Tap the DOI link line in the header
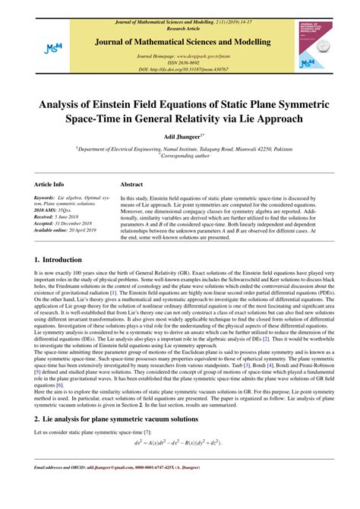pos(180,69)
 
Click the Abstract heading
pos(133,185)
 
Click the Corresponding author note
pos(181,156)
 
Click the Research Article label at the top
pos(180,11)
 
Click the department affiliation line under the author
pos(180,150)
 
